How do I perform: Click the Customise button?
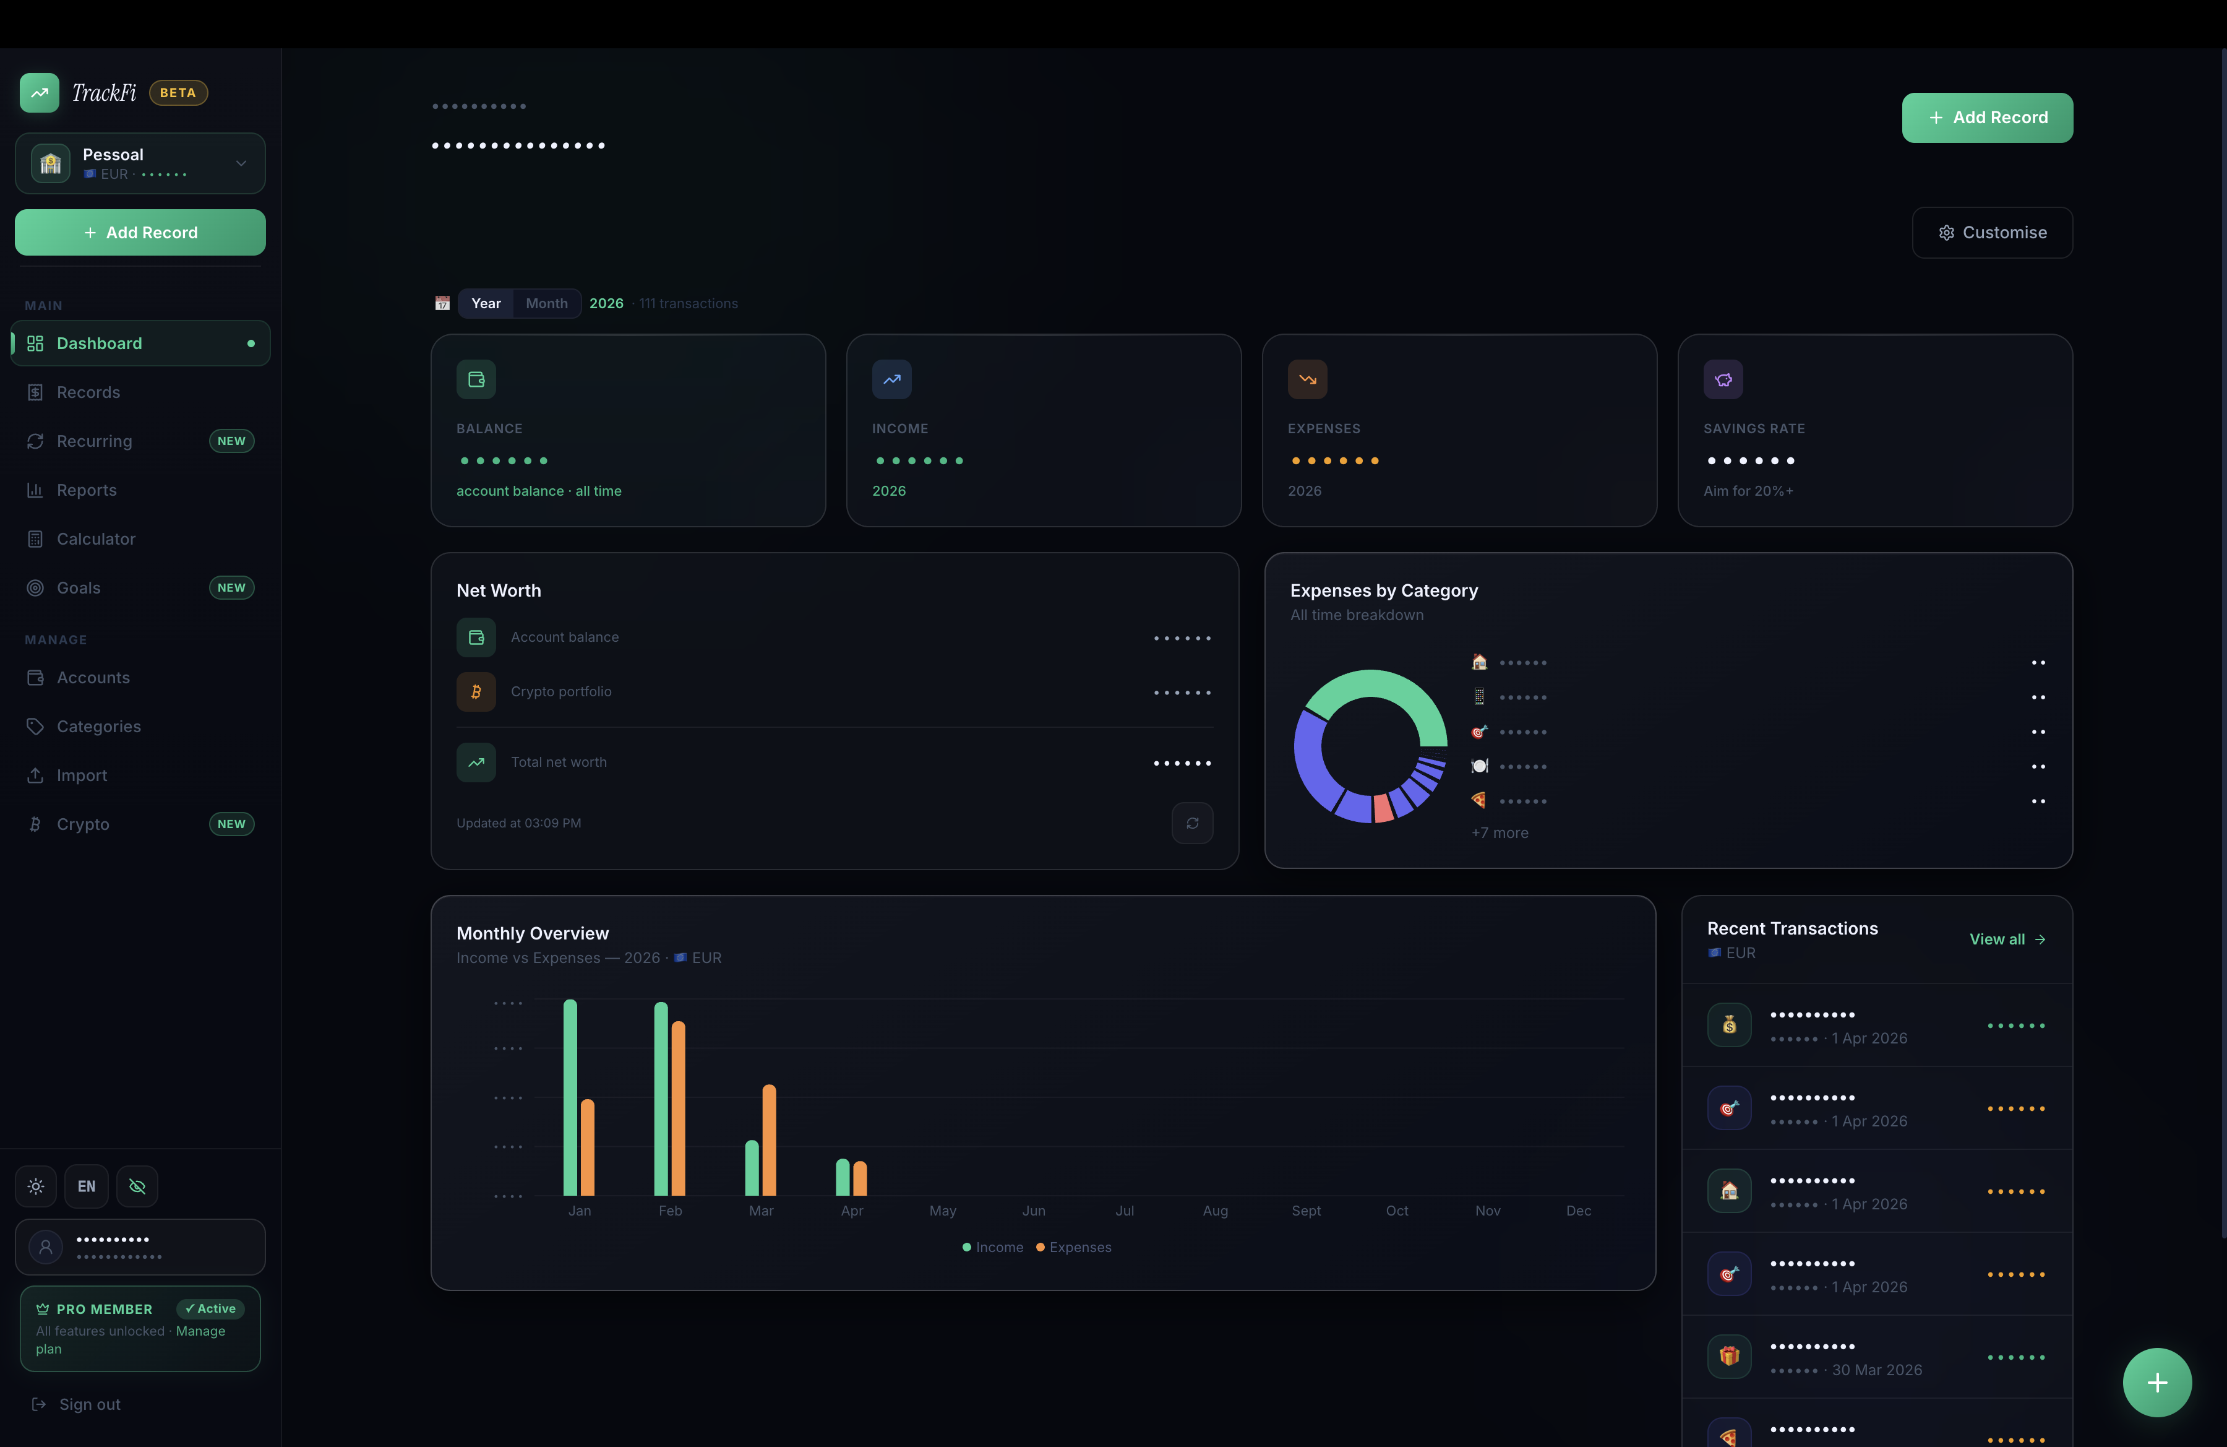(x=1992, y=232)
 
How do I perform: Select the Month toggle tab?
(x=546, y=303)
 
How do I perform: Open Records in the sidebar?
(x=88, y=392)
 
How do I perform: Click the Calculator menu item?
(x=95, y=539)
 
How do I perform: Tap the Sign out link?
(x=89, y=1404)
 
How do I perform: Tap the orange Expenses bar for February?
(x=679, y=1108)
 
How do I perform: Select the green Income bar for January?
(x=570, y=1097)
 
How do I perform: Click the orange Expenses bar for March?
(x=769, y=1140)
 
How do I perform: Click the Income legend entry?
(x=993, y=1246)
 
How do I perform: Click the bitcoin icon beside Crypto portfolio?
(x=476, y=692)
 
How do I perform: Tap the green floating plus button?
(x=2157, y=1383)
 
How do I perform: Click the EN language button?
(x=86, y=1186)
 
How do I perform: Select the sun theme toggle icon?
(x=35, y=1186)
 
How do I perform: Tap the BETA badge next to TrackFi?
(x=178, y=93)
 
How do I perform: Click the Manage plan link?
(x=200, y=1331)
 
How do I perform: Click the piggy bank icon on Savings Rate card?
(x=1723, y=379)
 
